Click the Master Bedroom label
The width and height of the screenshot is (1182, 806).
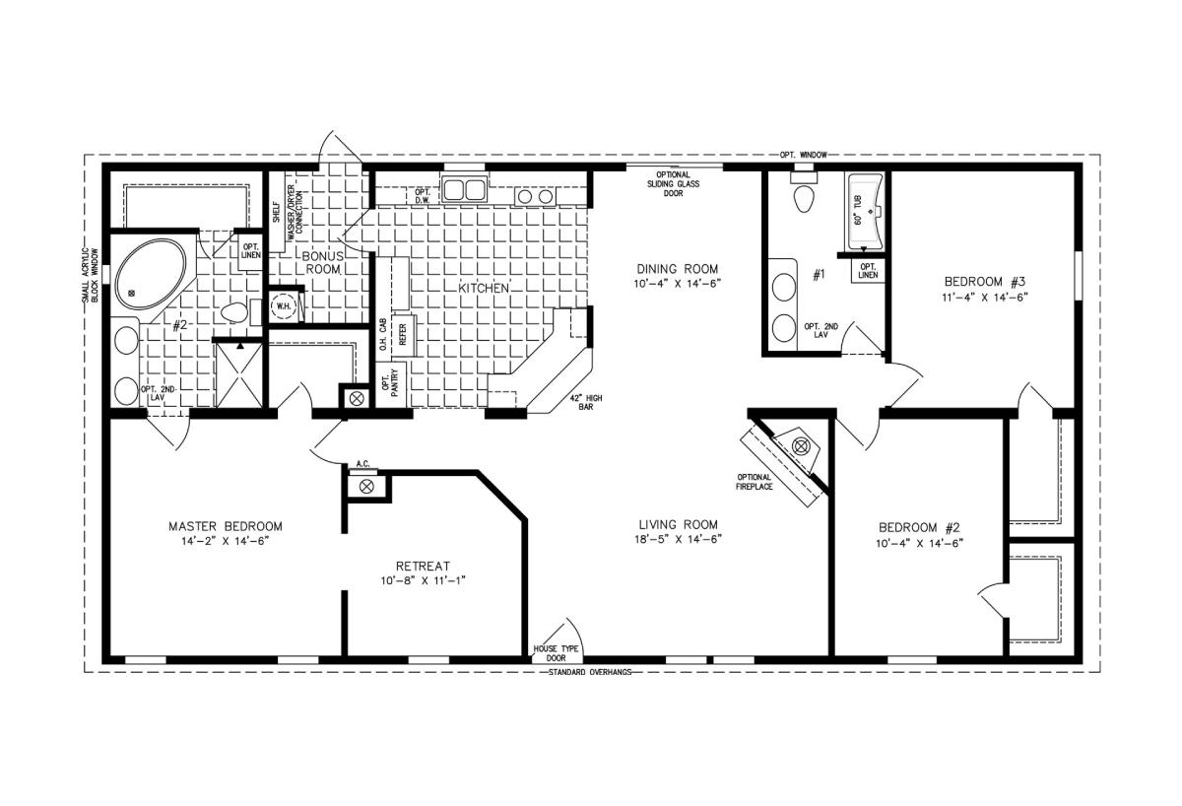[226, 526]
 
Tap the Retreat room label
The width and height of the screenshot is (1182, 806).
[423, 567]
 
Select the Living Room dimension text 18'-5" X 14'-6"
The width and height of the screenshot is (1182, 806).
[678, 539]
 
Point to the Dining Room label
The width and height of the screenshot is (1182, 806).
[678, 269]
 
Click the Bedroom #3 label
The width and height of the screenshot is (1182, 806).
[985, 282]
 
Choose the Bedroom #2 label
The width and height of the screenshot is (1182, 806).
[919, 527]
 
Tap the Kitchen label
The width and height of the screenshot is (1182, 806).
[484, 288]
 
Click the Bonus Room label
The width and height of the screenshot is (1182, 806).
[322, 263]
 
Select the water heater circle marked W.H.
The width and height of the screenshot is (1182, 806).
[284, 306]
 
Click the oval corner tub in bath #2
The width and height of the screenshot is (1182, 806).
[151, 274]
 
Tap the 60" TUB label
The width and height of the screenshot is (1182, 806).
[858, 210]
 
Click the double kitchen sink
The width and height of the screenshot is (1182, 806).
[464, 189]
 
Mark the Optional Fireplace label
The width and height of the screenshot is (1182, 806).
[755, 482]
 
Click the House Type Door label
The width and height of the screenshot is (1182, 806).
[556, 653]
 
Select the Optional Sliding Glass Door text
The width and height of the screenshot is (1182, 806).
[674, 183]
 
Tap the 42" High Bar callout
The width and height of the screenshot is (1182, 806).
[586, 403]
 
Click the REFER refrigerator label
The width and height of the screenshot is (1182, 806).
[403, 335]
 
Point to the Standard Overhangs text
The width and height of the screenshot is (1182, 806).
[590, 672]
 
